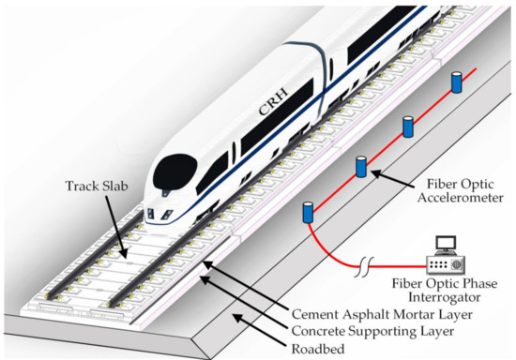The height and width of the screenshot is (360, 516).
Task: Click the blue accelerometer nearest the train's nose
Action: pyautogui.click(x=306, y=212)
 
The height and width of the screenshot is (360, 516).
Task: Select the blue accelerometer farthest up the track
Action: pyautogui.click(x=457, y=82)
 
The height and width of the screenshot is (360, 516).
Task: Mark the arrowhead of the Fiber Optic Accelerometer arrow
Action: pyautogui.click(x=369, y=172)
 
